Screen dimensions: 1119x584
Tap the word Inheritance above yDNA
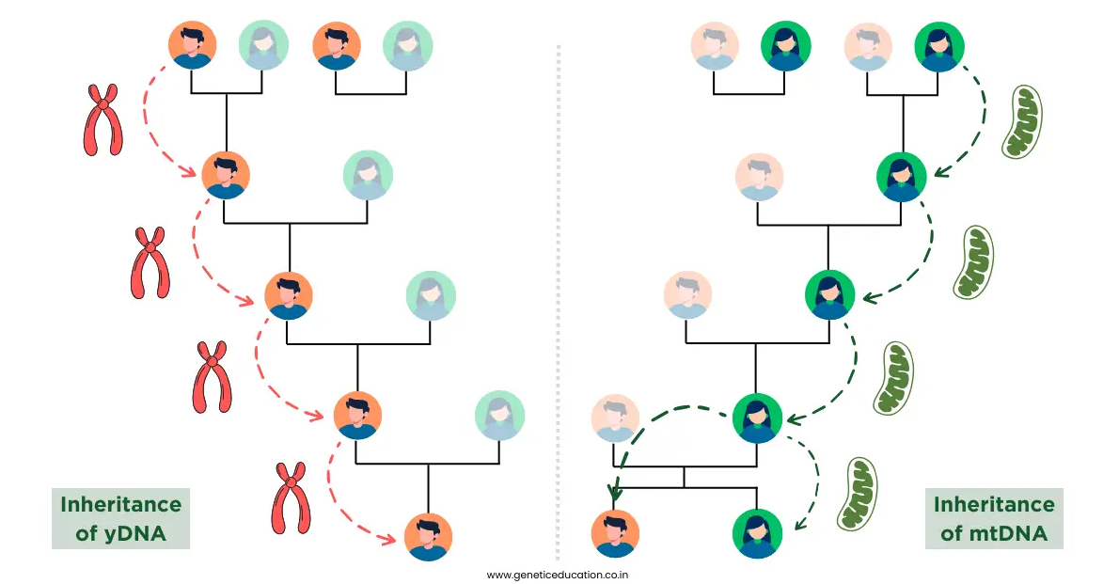(120, 505)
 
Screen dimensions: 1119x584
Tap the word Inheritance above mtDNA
(994, 505)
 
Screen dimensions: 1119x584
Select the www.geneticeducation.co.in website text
(558, 575)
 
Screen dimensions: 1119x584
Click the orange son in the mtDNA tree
(615, 533)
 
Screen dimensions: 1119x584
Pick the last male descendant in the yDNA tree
(428, 536)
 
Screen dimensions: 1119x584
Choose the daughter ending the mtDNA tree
(757, 533)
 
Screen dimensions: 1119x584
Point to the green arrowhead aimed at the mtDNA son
(614, 493)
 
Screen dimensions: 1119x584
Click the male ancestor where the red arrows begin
(193, 45)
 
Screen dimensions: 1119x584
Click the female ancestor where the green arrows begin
(939, 46)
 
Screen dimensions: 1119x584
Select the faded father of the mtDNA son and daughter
(615, 418)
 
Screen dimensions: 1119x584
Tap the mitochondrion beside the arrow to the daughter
(857, 494)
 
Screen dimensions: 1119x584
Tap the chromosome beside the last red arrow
(291, 497)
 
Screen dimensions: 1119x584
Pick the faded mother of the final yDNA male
(499, 415)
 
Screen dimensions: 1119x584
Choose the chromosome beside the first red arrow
(102, 119)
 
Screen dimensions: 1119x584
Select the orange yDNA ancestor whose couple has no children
(337, 45)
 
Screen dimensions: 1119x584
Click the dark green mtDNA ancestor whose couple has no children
(786, 46)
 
